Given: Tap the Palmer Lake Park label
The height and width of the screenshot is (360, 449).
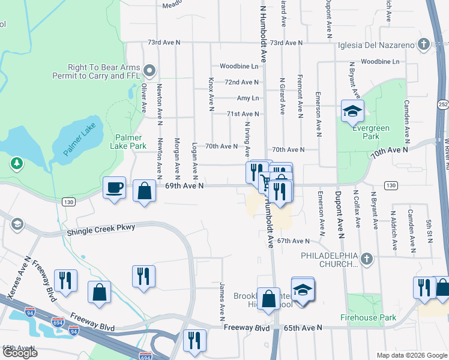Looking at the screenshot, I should (x=128, y=142).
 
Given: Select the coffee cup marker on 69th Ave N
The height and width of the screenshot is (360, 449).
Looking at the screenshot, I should (x=114, y=188).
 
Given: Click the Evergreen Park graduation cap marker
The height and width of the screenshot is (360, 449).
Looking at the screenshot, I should (x=352, y=110).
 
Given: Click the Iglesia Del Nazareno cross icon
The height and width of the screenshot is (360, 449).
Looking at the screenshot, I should (x=423, y=44).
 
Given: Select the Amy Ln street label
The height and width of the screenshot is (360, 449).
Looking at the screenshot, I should (x=247, y=98).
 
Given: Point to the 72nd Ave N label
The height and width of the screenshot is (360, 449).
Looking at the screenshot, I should (x=241, y=82).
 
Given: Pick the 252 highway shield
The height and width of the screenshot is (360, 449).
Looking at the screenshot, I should (x=442, y=104).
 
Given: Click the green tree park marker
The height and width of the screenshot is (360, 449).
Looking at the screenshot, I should (x=17, y=163).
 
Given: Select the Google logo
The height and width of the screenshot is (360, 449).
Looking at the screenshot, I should (x=20, y=353).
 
